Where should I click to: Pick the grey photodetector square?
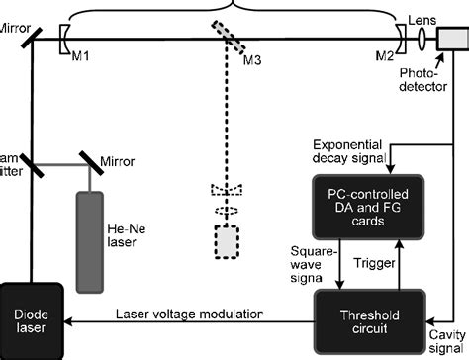(451, 39)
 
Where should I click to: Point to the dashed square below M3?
(227, 241)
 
